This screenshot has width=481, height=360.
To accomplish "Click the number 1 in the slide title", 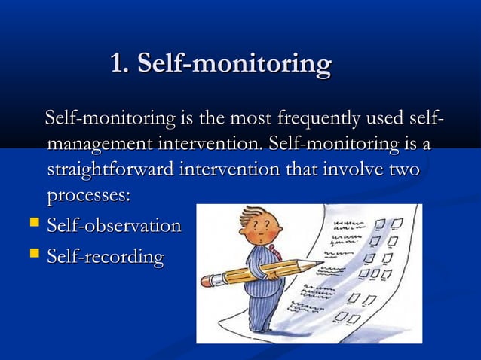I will pyautogui.click(x=116, y=64).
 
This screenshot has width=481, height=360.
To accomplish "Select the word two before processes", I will pyautogui.click(x=403, y=169).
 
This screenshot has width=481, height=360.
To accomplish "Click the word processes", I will pyautogui.click(x=88, y=194).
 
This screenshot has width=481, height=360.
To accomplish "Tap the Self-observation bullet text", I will pyautogui.click(x=114, y=226).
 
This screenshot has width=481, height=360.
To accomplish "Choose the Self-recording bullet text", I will pyautogui.click(x=105, y=257).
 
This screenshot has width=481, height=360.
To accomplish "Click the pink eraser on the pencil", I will pyautogui.click(x=207, y=281).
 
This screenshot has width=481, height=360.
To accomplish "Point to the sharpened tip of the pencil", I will pyautogui.click(x=321, y=263).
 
